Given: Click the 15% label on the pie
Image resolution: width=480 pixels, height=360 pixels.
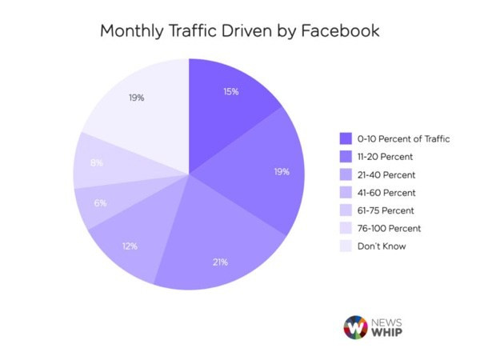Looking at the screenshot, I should click(x=230, y=91).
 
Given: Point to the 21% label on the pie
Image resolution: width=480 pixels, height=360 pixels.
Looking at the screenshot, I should click(x=220, y=262).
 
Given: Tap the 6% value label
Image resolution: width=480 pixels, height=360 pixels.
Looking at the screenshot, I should click(x=100, y=203).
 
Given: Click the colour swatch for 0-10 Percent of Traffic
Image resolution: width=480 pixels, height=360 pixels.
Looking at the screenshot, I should click(x=346, y=138).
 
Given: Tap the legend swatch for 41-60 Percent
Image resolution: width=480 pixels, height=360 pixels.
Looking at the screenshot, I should click(x=346, y=193).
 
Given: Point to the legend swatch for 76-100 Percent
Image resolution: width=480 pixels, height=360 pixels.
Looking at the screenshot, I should click(x=346, y=229).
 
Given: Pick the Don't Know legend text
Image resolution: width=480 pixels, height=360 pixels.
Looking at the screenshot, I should click(x=383, y=246).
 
